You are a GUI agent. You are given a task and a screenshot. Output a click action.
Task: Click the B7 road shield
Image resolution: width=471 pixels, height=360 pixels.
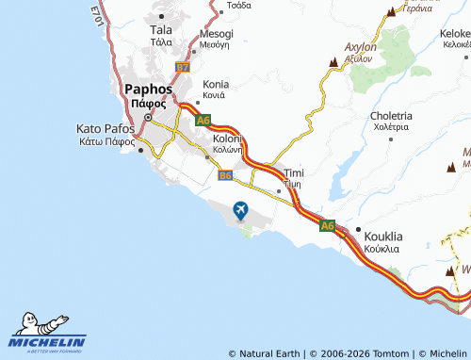click(183, 68)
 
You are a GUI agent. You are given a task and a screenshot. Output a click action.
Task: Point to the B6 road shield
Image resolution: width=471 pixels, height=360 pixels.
click(225, 174)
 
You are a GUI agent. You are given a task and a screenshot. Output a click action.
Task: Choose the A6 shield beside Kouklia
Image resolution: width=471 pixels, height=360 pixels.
click(327, 225)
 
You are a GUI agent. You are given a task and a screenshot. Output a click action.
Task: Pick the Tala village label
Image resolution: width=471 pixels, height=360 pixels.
click(161, 30)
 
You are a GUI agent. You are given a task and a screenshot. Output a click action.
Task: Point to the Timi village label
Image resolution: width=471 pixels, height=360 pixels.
click(294, 173)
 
